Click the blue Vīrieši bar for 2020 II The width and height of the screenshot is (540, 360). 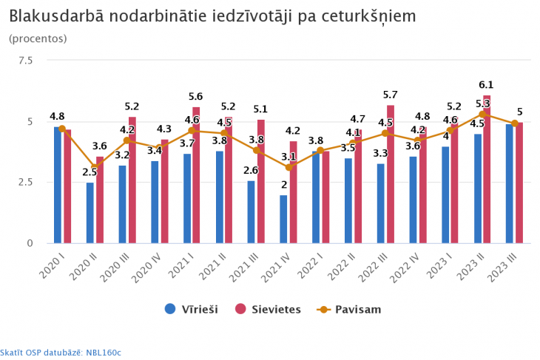(90, 213)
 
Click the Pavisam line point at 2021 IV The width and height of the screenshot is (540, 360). (288, 167)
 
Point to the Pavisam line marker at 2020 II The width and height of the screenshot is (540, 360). (95, 167)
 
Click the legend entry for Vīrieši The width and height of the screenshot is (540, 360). (192, 309)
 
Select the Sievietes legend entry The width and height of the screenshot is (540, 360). (267, 309)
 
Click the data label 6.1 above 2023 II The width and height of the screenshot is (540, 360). (486, 85)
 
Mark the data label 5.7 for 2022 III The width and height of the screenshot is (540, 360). (390, 95)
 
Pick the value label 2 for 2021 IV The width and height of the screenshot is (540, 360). (283, 186)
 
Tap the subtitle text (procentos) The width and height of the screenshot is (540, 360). (38, 38)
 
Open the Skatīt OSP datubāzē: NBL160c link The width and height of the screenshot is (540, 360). (61, 353)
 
